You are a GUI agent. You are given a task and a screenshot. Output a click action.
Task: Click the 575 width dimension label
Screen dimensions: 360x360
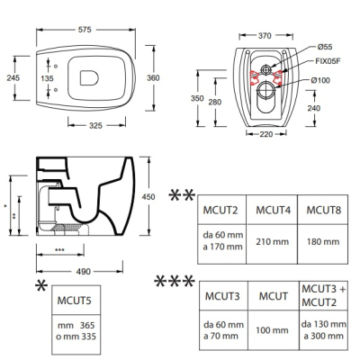pyautogui.click(x=85, y=30)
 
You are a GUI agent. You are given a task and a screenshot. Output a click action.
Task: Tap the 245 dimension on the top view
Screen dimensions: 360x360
pyautogui.click(x=13, y=77)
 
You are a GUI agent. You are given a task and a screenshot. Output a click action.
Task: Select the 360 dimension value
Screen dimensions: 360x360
pyautogui.click(x=153, y=78)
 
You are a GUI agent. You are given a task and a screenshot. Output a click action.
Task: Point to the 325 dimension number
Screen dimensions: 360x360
pyautogui.click(x=95, y=125)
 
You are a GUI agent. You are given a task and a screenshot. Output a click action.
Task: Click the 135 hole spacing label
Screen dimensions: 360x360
pyautogui.click(x=47, y=78)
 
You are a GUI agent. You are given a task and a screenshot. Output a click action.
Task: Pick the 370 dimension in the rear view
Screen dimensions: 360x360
pyautogui.click(x=265, y=36)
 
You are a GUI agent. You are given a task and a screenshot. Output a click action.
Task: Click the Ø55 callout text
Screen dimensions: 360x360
pyautogui.click(x=325, y=47)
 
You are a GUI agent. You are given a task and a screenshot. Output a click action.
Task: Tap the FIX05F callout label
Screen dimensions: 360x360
pyautogui.click(x=328, y=61)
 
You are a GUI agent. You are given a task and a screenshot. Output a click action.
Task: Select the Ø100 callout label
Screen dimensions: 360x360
pyautogui.click(x=320, y=80)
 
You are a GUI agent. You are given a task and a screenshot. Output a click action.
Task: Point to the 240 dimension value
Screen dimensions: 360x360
pyautogui.click(x=314, y=108)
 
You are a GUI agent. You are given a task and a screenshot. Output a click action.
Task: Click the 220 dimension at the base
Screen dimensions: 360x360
pyautogui.click(x=266, y=134)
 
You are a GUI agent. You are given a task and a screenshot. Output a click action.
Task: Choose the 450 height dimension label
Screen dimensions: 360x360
pyautogui.click(x=148, y=197)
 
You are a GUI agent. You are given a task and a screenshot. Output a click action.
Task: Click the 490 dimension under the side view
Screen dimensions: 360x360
pyautogui.click(x=83, y=272)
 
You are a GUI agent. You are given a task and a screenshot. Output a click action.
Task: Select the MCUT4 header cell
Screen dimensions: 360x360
pyautogui.click(x=272, y=210)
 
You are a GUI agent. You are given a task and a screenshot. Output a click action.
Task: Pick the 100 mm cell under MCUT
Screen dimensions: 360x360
pyautogui.click(x=274, y=330)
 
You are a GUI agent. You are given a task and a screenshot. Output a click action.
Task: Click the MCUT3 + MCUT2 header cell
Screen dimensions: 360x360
pyautogui.click(x=324, y=295)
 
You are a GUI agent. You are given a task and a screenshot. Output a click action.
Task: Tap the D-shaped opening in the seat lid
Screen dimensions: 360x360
pyautogui.click(x=89, y=78)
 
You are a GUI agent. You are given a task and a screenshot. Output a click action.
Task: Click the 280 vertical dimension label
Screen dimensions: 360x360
pyautogui.click(x=215, y=102)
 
